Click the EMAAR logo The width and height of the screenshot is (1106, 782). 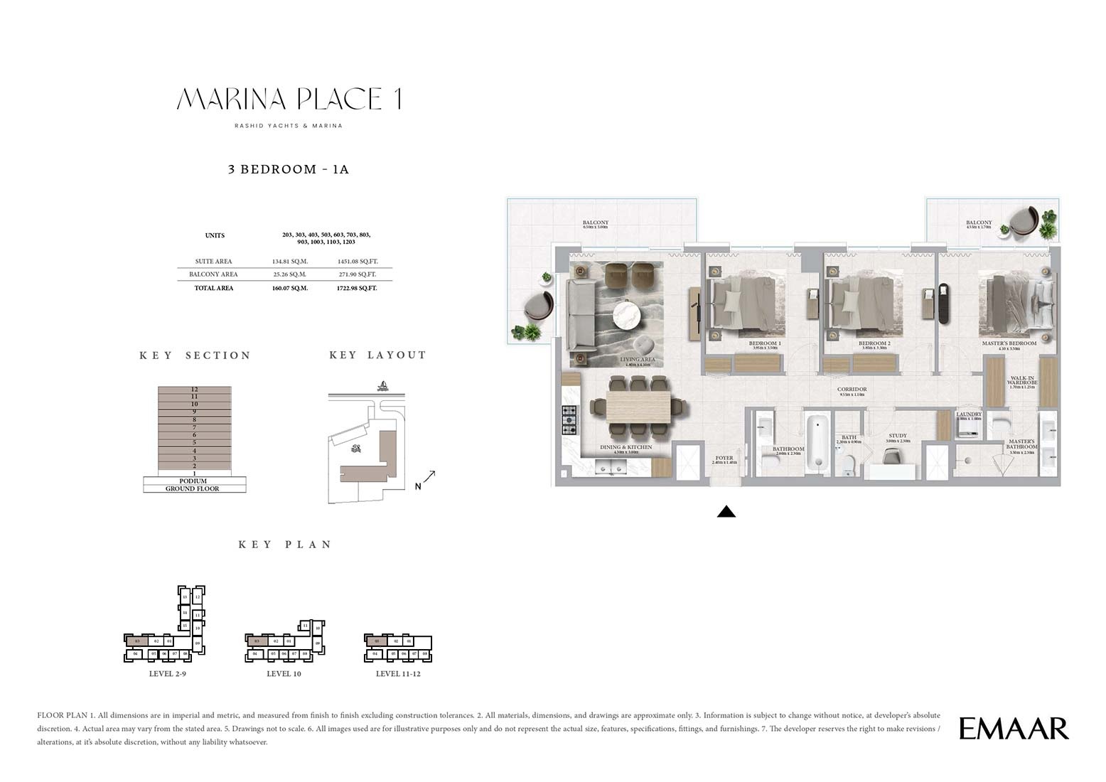click(x=1013, y=729)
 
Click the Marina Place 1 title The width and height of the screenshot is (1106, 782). click(x=289, y=99)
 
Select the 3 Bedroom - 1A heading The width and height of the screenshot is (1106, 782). click(x=288, y=169)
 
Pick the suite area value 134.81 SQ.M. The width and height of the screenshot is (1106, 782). click(x=289, y=262)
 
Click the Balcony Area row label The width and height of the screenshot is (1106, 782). click(x=213, y=274)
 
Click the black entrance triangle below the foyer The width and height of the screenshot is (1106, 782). click(x=726, y=511)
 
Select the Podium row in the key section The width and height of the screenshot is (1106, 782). click(x=193, y=481)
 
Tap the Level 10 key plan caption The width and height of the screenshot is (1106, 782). click(x=284, y=674)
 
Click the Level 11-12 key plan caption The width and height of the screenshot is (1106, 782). click(x=398, y=674)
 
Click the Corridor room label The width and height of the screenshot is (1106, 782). click(x=852, y=390)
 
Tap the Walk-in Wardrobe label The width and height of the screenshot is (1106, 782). click(x=1022, y=382)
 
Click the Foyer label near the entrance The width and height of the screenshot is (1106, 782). click(x=724, y=459)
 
